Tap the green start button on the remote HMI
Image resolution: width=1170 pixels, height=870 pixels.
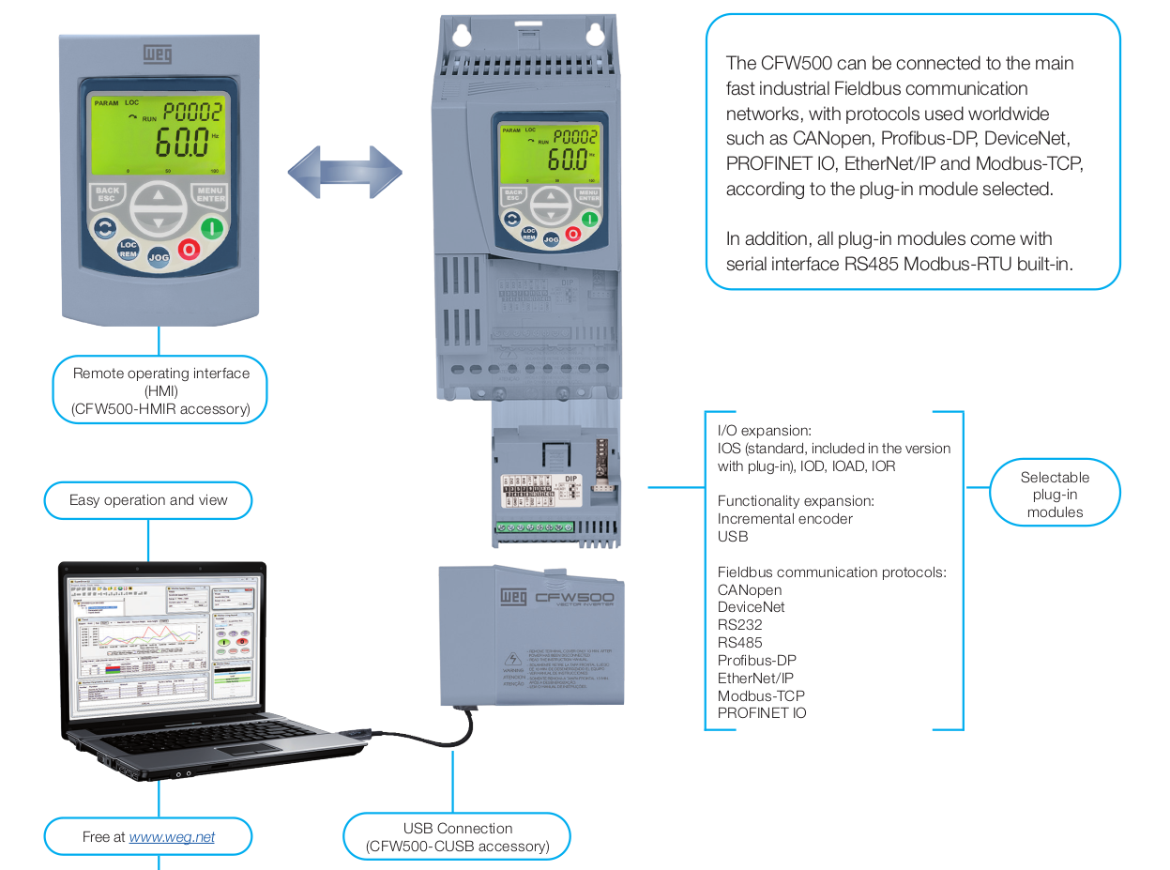213,227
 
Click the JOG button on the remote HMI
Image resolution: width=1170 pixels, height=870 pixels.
159,256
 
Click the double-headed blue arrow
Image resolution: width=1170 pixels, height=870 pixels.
344,173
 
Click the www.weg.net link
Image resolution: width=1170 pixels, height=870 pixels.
172,836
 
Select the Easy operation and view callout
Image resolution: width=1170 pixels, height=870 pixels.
148,500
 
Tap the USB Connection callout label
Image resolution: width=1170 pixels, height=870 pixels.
457,837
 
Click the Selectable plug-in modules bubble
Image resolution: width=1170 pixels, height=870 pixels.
1055,495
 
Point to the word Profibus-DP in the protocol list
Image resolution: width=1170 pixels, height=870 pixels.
756,660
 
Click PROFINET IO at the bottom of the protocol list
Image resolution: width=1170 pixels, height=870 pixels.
761,713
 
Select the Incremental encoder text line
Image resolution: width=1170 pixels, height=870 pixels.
784,518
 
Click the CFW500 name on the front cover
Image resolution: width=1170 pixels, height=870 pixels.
574,597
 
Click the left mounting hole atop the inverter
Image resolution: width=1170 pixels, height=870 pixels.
461,35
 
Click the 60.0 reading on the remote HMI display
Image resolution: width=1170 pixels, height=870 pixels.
182,144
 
